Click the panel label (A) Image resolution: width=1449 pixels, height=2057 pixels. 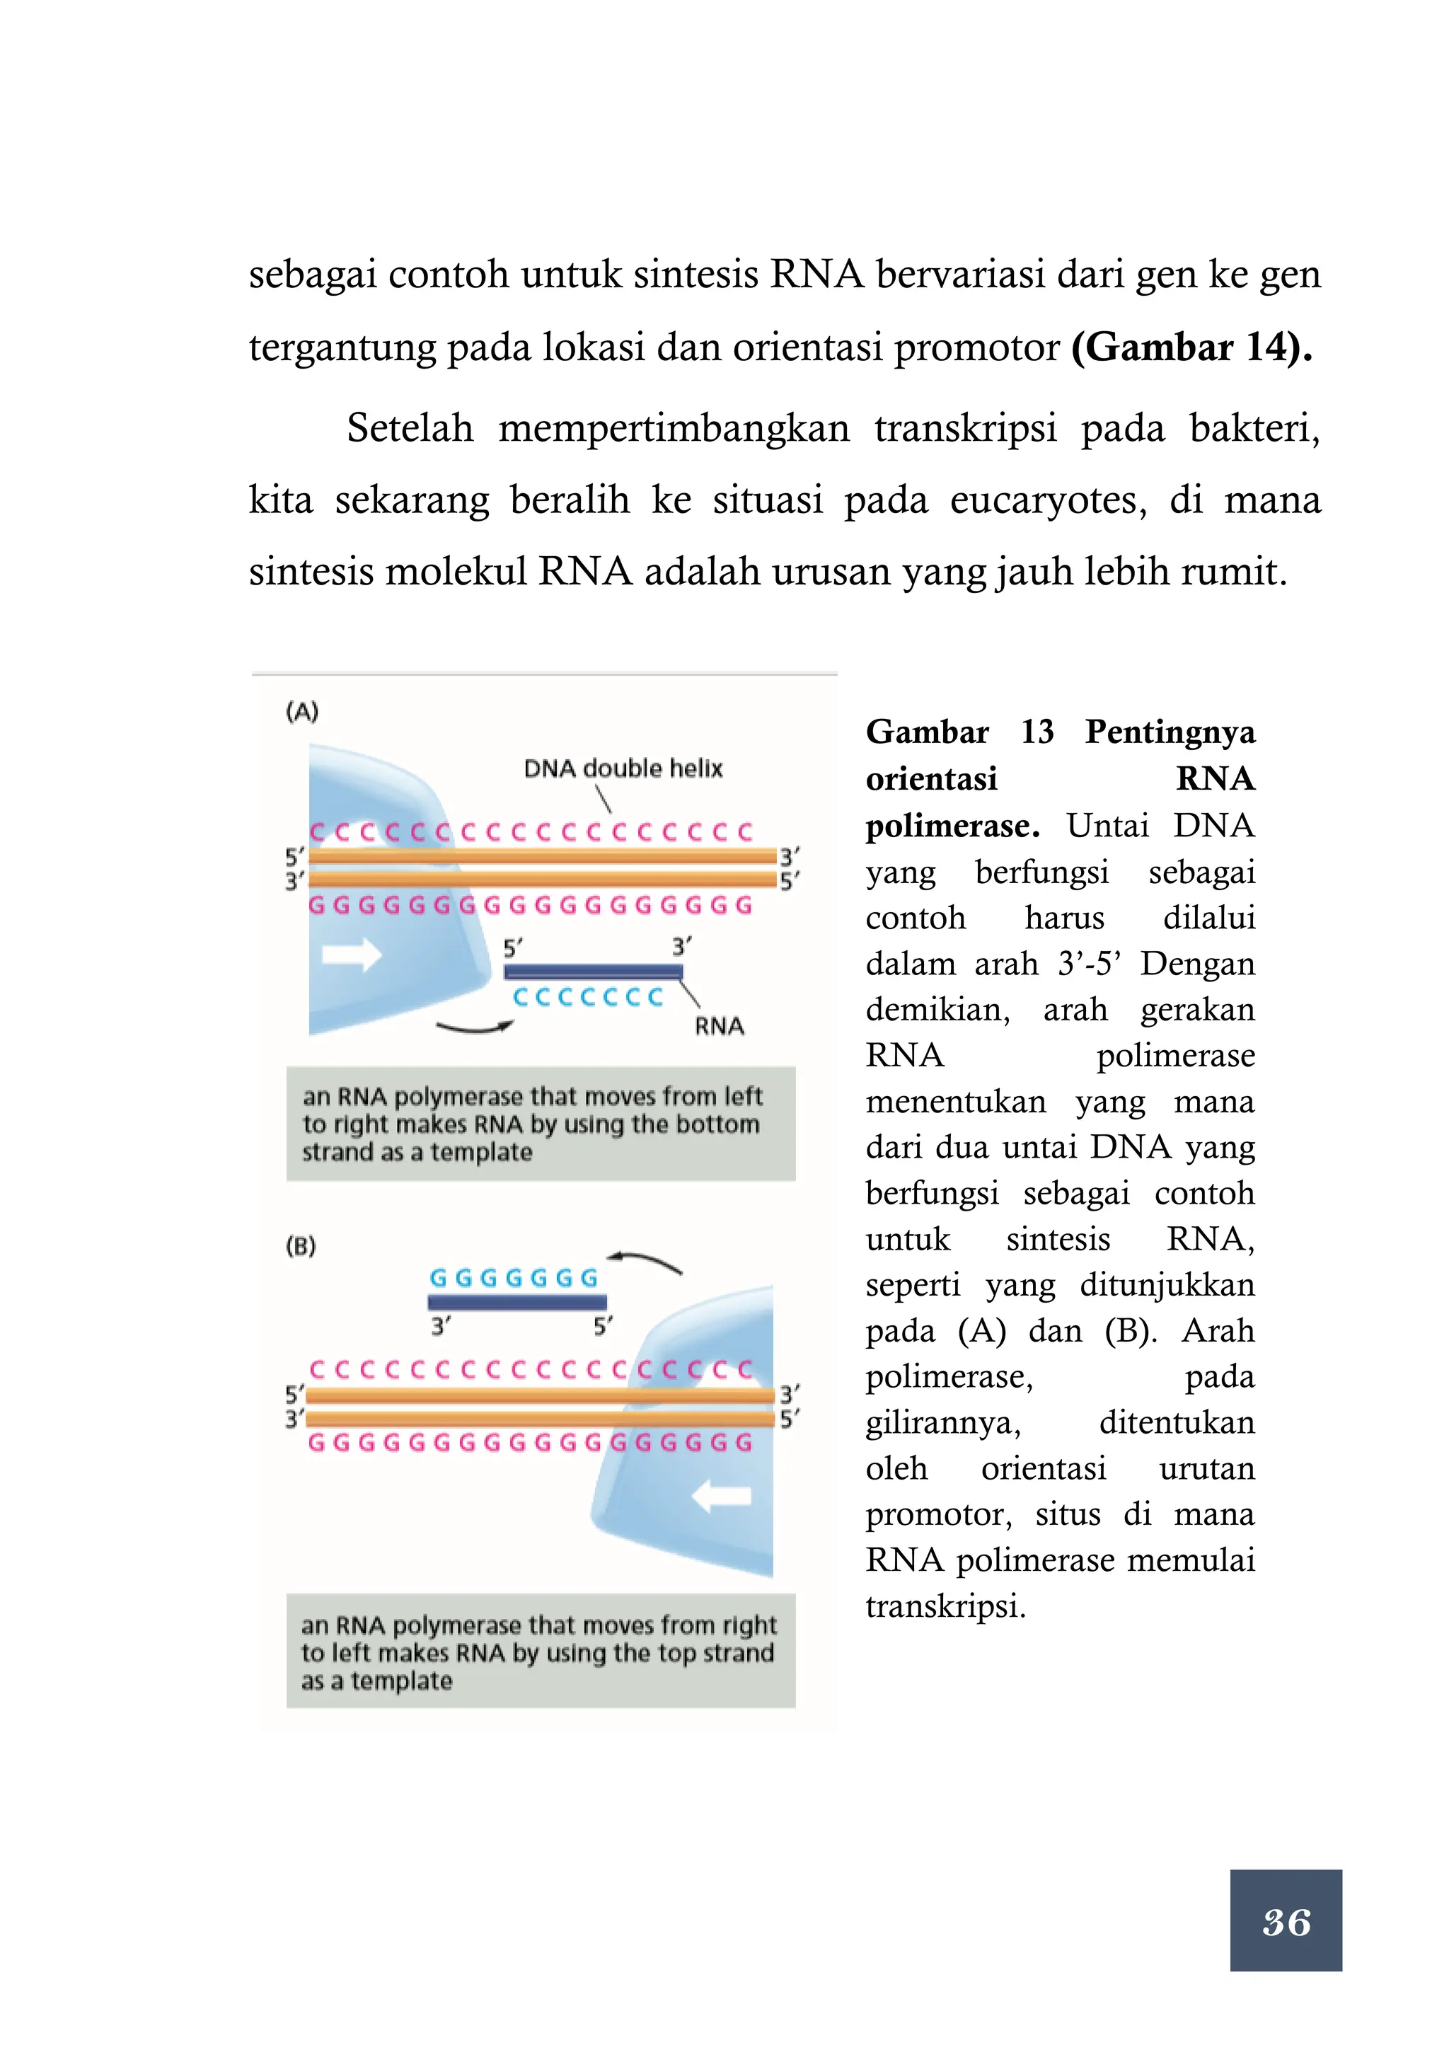(302, 713)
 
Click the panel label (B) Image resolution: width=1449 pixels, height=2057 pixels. (301, 1245)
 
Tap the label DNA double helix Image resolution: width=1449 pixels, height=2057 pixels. (623, 768)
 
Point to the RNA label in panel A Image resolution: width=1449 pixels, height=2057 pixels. (719, 1026)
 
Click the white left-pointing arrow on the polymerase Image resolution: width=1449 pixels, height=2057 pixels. (722, 1495)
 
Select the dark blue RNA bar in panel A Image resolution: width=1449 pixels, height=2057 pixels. (593, 971)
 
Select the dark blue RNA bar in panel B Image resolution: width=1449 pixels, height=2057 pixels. (516, 1302)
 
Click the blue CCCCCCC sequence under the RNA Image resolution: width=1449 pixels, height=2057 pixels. (587, 997)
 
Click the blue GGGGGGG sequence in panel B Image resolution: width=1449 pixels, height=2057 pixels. (513, 1277)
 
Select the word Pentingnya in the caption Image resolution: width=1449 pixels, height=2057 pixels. (1170, 732)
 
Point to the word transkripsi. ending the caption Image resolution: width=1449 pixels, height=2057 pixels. (945, 1606)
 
